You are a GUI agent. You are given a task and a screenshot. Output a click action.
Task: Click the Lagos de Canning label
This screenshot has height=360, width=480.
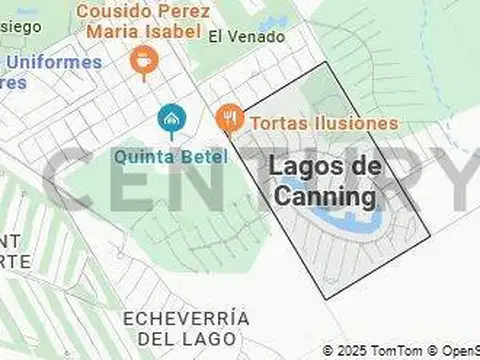point(325,180)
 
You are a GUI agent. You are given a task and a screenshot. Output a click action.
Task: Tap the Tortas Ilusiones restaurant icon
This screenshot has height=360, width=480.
point(229,119)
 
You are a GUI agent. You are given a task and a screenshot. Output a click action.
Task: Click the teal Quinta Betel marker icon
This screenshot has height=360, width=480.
point(171,121)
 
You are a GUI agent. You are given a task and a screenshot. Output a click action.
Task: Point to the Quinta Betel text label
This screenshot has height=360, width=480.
point(171,157)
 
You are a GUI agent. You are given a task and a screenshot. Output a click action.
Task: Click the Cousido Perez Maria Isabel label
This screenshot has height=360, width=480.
point(142,21)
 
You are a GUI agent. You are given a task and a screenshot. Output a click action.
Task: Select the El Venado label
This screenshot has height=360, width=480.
point(247,37)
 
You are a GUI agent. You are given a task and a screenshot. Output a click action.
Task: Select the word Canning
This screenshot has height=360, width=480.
point(325,196)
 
